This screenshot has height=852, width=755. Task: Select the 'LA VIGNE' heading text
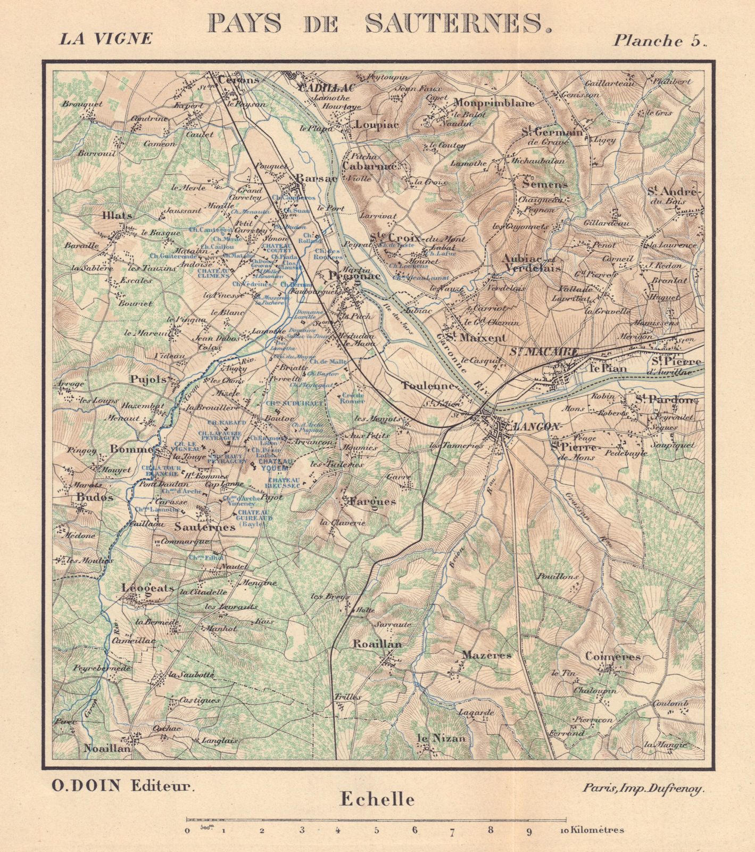[105, 38]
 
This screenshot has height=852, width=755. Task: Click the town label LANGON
[536, 427]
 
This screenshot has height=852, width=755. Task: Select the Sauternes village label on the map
[205, 527]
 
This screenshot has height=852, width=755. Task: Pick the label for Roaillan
[377, 644]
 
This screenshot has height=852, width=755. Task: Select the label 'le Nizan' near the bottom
[441, 738]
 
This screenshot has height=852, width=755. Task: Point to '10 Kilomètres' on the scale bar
[591, 830]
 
